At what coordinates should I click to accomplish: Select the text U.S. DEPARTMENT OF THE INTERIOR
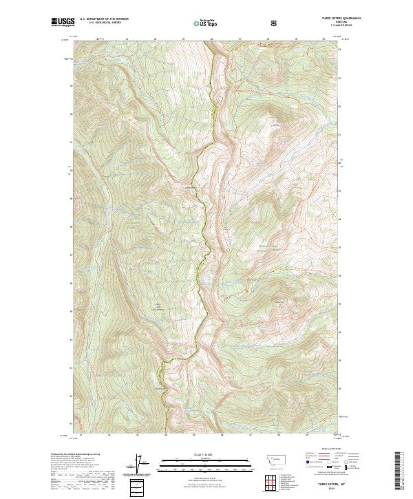[x=104, y=19]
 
